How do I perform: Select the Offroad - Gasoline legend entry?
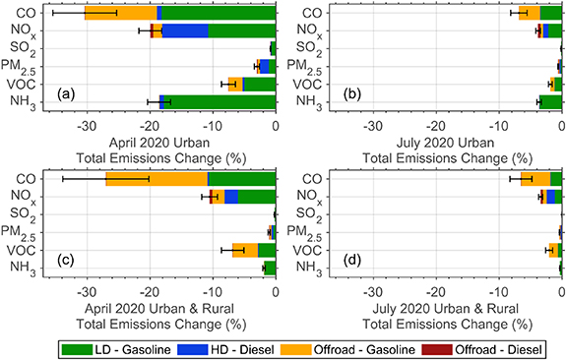[355, 349]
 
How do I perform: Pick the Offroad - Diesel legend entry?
[494, 349]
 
